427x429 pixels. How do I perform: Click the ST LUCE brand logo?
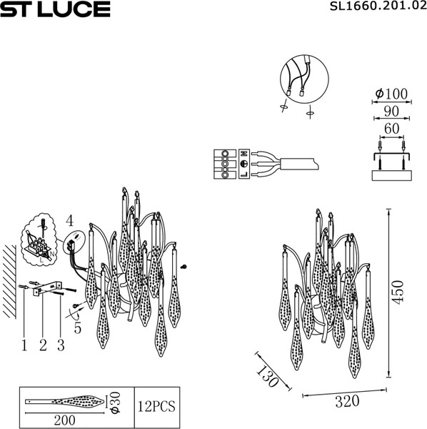(55, 9)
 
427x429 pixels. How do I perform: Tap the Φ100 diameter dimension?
(390, 94)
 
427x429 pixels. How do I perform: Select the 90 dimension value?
(390, 111)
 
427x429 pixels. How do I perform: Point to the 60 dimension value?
(390, 128)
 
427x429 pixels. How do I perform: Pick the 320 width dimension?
(347, 402)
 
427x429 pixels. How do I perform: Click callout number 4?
(69, 220)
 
